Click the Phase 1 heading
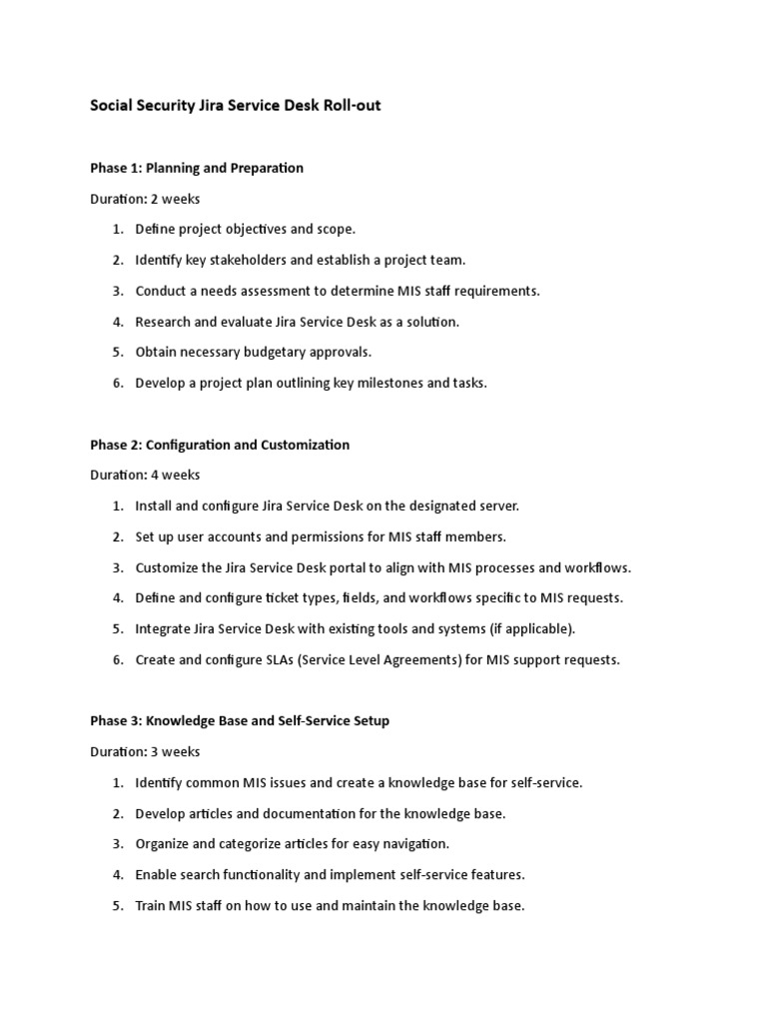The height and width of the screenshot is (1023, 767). [x=198, y=168]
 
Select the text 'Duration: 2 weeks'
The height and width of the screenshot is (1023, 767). [x=146, y=199]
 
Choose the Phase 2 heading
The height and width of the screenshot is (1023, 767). [x=221, y=445]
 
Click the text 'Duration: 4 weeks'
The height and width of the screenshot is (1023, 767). [x=146, y=476]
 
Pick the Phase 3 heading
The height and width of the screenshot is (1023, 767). [x=241, y=721]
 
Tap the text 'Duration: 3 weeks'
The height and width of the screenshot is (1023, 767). [x=146, y=752]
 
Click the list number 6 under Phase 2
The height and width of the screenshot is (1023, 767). [x=117, y=660]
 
